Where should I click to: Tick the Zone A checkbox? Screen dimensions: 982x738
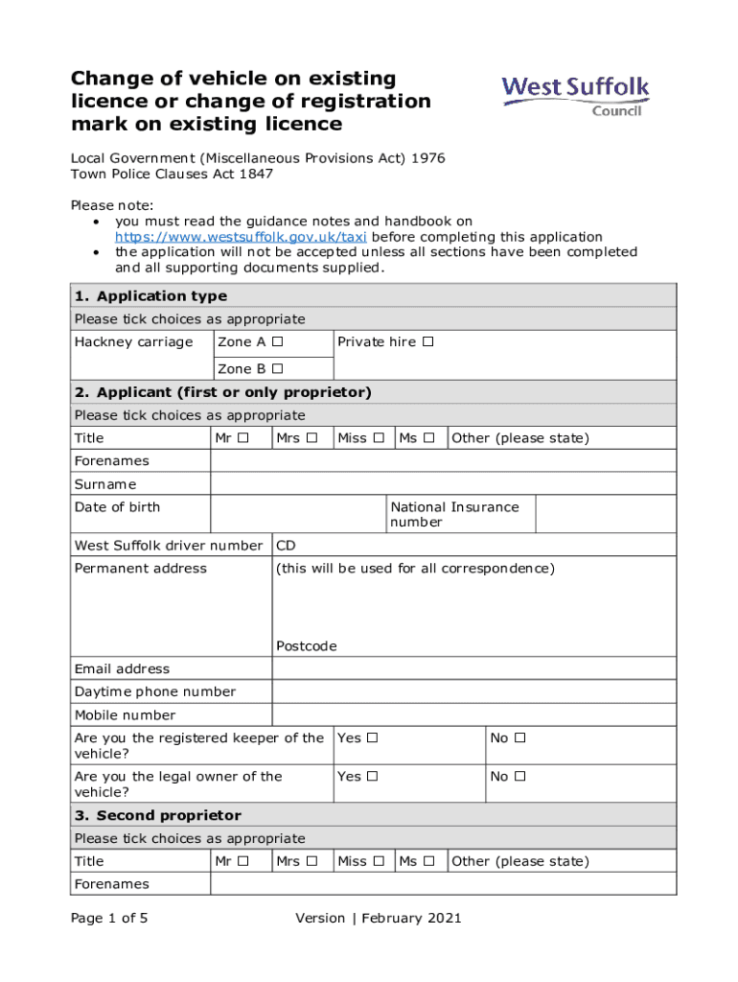pos(277,342)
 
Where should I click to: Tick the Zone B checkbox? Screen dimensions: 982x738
pos(277,369)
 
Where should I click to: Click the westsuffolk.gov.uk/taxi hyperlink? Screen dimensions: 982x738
pos(242,237)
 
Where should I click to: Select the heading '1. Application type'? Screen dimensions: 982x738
pos(150,296)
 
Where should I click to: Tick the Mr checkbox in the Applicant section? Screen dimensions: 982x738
pos(243,438)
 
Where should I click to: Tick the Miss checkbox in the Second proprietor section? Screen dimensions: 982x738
pos(379,861)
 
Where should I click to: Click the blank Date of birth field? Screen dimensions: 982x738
pos(297,514)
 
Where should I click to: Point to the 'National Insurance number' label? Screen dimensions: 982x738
pos(453,514)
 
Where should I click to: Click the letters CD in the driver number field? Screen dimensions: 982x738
pos(286,546)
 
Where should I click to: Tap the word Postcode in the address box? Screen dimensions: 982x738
pos(307,646)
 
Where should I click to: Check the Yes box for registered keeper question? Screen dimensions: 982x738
pos(372,738)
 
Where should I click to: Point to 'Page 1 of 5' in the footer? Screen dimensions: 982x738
pos(109,918)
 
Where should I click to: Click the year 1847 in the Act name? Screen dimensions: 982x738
pos(254,175)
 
